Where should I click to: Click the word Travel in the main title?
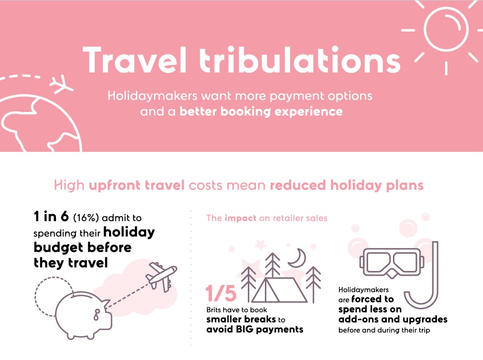coord(135,60)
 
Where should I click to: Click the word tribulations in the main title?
coord(300,60)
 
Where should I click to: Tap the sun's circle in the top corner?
coord(446,29)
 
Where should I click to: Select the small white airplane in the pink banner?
coord(62,84)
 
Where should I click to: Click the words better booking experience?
coord(261,112)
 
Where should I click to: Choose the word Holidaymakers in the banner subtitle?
coord(152,96)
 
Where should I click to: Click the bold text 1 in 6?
coord(51,216)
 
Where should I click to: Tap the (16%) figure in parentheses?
coord(86,218)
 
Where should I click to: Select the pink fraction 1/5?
coord(221,293)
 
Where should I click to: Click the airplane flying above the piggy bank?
coord(162,276)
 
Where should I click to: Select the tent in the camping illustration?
coord(279,290)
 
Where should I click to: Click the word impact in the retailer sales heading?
coord(240,218)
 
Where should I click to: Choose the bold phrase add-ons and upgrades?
coord(393,319)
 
